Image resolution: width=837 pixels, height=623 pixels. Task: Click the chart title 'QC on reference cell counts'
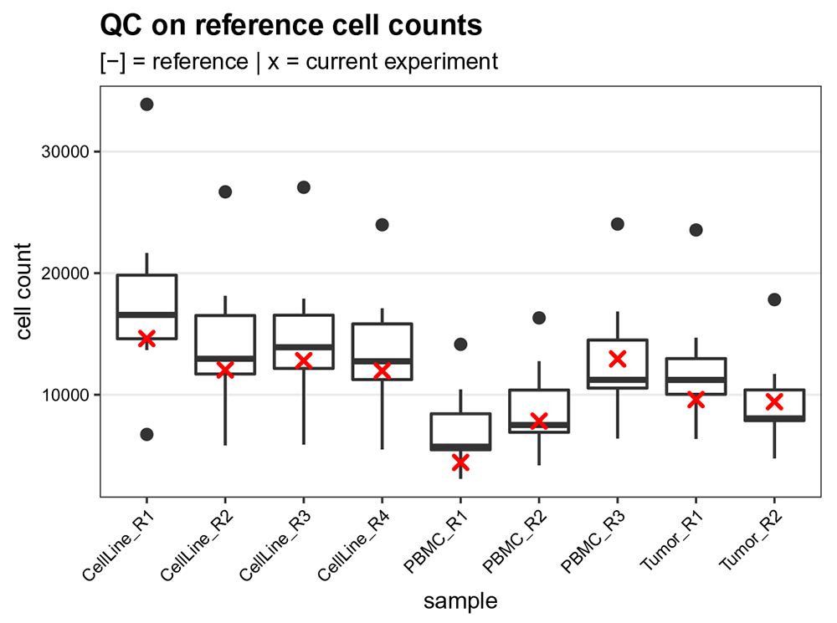point(290,25)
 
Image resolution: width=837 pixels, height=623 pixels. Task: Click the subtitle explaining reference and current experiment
point(298,62)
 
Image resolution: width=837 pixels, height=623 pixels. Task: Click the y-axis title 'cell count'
point(24,292)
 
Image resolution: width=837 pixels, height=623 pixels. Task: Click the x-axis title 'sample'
point(460,600)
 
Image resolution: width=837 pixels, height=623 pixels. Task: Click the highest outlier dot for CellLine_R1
point(146,105)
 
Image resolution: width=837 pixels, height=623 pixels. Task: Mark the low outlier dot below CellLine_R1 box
point(146,434)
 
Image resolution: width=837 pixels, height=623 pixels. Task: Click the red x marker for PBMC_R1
point(460,462)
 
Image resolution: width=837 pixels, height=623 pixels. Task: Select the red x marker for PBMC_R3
point(618,359)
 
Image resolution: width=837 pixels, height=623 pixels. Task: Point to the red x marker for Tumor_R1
point(696,400)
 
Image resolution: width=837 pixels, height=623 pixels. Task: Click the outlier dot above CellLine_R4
point(382,225)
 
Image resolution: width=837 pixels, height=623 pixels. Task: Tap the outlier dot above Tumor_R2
point(774,299)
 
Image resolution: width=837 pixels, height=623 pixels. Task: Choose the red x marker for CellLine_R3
point(303,360)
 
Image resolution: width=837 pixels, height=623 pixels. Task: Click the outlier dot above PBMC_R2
point(539,318)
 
